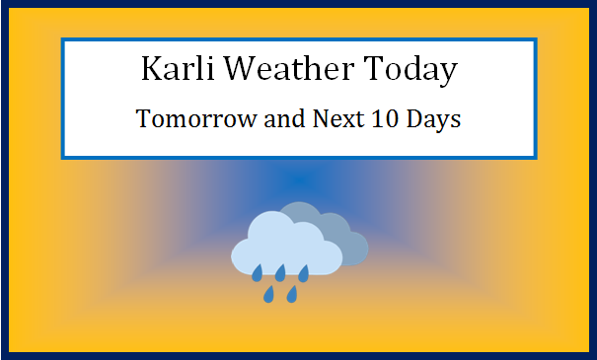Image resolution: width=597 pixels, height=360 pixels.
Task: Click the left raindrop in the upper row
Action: (257, 271)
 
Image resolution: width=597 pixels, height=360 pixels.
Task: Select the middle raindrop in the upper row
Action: (280, 271)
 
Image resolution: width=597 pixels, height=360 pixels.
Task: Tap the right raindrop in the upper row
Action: (304, 271)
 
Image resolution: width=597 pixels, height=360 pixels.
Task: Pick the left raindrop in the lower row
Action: (268, 293)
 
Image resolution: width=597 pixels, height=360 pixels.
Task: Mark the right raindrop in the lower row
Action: (292, 293)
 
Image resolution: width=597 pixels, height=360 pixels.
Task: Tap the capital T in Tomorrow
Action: (144, 120)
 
